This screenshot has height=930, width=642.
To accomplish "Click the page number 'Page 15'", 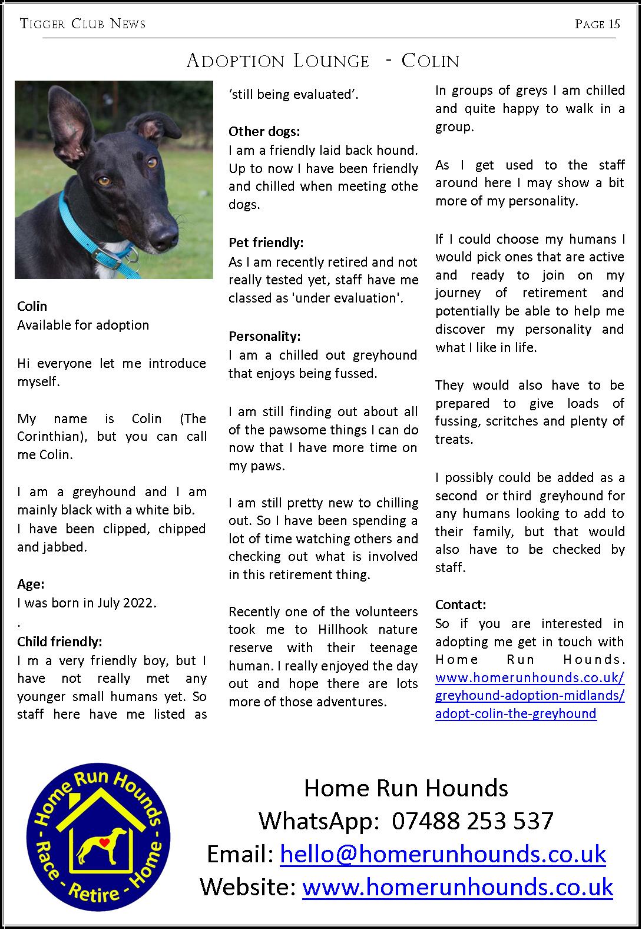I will (597, 24).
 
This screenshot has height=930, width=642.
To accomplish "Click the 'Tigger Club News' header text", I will (82, 24).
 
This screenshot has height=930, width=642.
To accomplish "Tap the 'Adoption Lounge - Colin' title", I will (322, 61).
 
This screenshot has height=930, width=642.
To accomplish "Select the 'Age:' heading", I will (31, 584).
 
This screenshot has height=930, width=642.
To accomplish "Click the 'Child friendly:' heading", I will (59, 641).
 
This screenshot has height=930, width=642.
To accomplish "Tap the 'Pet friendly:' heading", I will (266, 243).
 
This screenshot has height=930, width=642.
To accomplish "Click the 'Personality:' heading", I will (264, 336).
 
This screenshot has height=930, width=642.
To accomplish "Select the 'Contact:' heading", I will (461, 604).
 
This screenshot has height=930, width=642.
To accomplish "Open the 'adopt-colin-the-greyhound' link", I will (515, 714).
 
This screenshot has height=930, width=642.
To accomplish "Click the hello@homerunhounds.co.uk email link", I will (443, 854).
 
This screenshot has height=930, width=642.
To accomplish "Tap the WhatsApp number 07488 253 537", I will (472, 821).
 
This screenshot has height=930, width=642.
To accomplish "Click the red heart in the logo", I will (104, 842).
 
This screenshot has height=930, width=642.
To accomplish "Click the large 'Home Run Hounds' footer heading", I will (406, 788).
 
